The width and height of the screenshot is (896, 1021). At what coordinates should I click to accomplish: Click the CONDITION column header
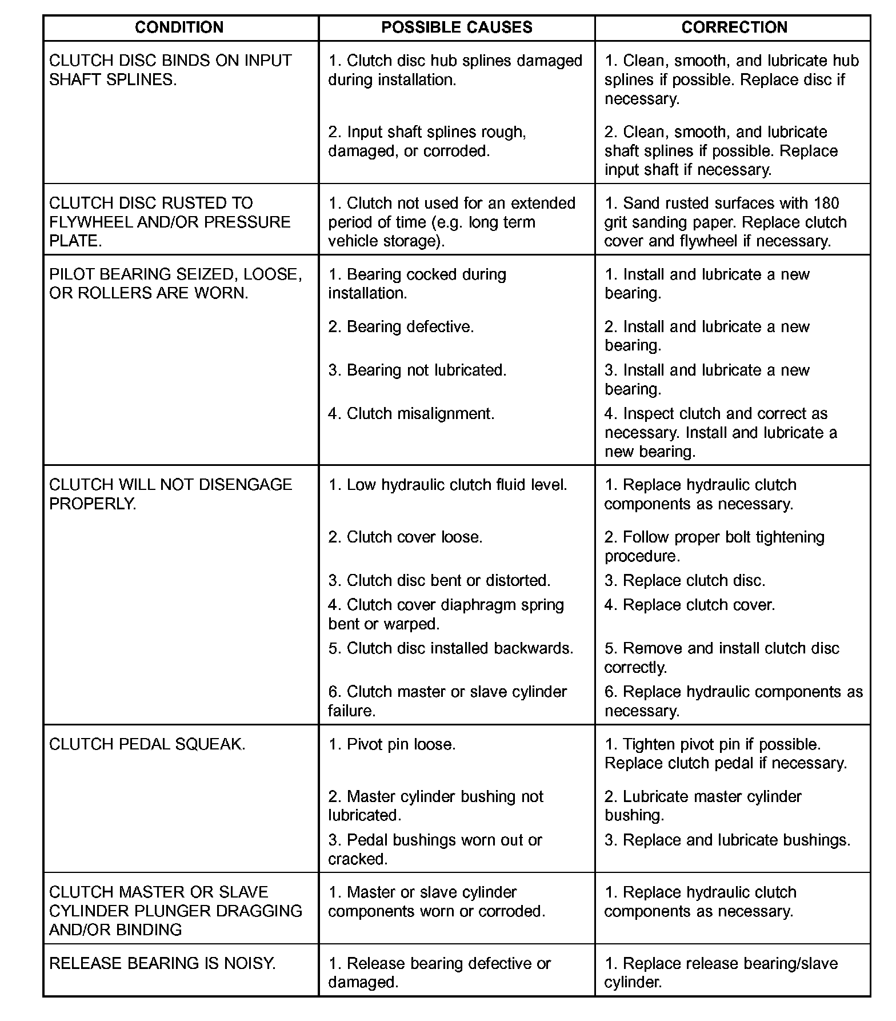[179, 27]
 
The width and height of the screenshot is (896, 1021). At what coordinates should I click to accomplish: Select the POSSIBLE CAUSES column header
[457, 27]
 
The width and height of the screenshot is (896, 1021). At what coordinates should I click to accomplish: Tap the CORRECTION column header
[734, 27]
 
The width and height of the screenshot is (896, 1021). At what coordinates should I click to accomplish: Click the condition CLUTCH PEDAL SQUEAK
[147, 744]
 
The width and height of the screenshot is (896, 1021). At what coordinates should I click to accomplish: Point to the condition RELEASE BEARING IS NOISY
[163, 963]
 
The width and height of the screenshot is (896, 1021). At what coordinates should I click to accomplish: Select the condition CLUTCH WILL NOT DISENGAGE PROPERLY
[170, 494]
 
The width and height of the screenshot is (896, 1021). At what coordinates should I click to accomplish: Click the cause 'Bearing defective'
[401, 326]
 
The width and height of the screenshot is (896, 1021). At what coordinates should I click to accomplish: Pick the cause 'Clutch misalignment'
[411, 413]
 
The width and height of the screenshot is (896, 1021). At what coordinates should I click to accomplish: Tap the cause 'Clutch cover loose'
[406, 537]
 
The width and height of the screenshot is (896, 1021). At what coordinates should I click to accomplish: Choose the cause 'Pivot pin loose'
[392, 744]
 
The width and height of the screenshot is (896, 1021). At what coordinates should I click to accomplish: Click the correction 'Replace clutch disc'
[685, 580]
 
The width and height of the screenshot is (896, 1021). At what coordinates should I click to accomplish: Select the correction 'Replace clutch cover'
[690, 605]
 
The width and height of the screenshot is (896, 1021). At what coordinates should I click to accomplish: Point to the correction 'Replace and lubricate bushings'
[727, 840]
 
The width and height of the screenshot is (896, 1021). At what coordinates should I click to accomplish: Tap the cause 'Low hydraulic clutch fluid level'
[448, 485]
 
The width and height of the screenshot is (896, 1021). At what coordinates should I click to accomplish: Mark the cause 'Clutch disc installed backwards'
[451, 648]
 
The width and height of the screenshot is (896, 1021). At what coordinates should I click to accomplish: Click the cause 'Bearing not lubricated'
[418, 370]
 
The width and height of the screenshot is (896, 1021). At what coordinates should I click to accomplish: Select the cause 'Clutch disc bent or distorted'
[439, 580]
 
